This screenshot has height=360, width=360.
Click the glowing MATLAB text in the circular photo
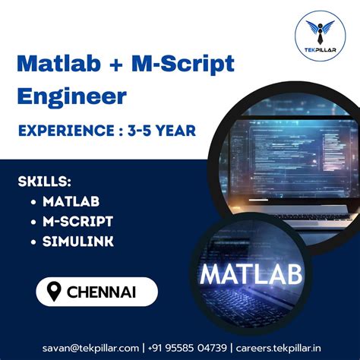(x=250, y=274)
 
